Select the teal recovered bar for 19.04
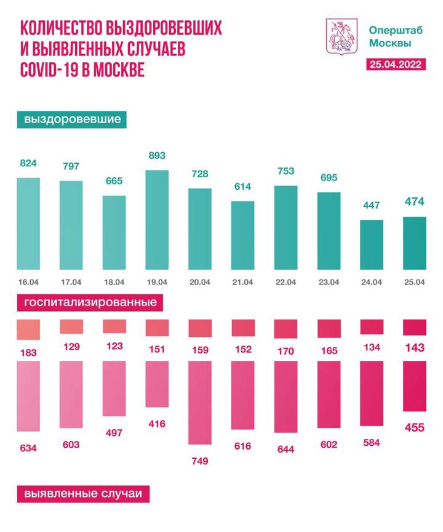coord(156,220)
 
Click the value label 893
coord(156,156)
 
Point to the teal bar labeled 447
coord(371,244)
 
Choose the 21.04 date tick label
coord(242,283)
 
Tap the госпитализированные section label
coord(90,303)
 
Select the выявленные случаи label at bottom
coord(82,494)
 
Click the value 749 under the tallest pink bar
coord(199,461)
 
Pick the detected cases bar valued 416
coord(156,384)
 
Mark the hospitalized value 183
coord(28,353)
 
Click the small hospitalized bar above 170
coord(285,329)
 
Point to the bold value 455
coord(413,427)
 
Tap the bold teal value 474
coord(413,202)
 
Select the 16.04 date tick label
coord(28,283)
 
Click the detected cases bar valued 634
coord(28,396)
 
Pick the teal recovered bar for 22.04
coord(285,227)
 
